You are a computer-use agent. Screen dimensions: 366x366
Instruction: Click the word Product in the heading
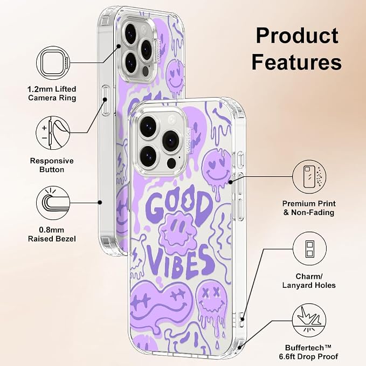[297, 36]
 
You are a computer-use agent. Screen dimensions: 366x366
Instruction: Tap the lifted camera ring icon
[53, 63]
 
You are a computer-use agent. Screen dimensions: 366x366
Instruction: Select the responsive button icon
[53, 133]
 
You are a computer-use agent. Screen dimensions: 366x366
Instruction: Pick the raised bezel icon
[53, 203]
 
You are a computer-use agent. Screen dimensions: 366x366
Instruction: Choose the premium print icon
[309, 177]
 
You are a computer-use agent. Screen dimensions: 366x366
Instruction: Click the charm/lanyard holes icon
[309, 248]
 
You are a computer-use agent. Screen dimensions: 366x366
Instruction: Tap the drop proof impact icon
[309, 320]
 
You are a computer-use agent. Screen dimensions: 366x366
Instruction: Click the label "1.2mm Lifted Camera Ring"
[52, 93]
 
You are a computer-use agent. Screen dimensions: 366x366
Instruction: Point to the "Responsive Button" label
[52, 165]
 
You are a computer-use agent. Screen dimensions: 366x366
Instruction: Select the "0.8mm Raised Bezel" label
[52, 234]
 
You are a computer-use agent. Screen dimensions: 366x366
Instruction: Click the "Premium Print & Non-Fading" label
[309, 208]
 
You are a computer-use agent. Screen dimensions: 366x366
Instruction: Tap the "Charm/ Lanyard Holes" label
[309, 281]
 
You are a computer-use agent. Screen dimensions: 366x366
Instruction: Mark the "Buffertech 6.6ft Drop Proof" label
[308, 352]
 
